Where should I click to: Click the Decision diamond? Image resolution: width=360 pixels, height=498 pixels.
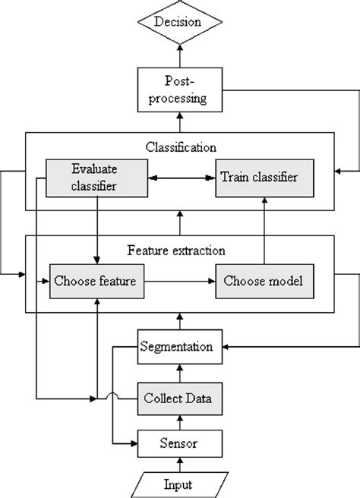[x=179, y=21]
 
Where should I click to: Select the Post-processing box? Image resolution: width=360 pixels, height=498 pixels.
[x=179, y=89]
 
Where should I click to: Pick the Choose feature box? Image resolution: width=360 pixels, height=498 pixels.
[x=95, y=281]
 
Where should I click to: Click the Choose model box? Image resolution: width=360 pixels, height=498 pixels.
[x=263, y=281]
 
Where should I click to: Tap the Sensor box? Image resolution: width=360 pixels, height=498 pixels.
[x=180, y=440]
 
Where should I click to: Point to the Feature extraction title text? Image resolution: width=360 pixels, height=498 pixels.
[x=179, y=248]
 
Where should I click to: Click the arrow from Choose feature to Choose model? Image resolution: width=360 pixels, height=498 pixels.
[x=179, y=281]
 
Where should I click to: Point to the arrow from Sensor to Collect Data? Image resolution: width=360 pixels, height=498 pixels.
[x=180, y=419]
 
